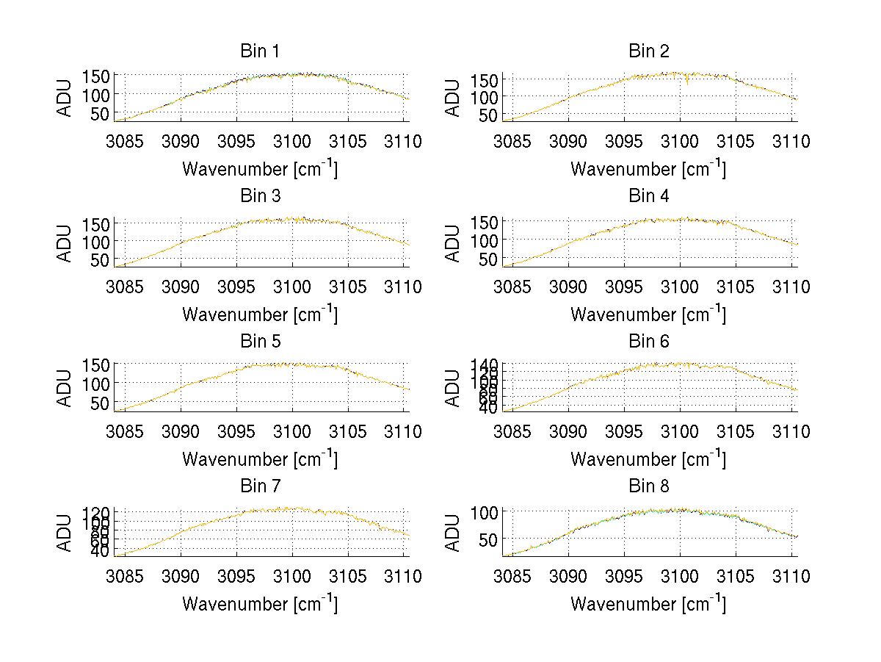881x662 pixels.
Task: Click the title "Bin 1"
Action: coord(260,51)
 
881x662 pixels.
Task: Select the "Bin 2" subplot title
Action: coord(649,51)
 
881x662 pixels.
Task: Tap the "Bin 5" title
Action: coord(260,342)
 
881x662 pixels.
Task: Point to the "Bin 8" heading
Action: coord(649,486)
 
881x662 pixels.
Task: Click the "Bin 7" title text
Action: coord(260,486)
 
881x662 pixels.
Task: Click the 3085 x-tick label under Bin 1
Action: coord(126,142)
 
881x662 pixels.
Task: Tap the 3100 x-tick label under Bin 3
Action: coord(292,287)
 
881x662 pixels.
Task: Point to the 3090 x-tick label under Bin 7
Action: coord(181,577)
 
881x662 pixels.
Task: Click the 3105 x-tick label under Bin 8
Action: coord(735,577)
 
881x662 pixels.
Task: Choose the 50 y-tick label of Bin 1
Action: coord(100,114)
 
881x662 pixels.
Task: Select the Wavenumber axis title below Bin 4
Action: coord(648,314)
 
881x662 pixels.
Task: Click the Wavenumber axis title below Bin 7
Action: coord(260,604)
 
